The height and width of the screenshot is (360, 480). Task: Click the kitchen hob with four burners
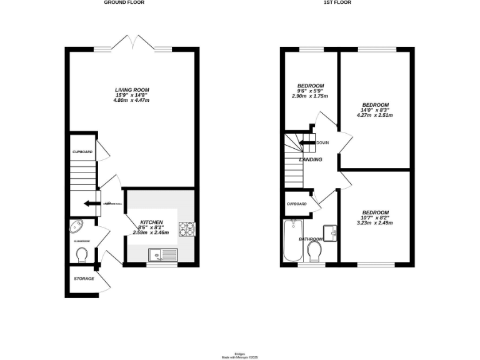tap(186, 229)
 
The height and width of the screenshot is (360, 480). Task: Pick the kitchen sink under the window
tap(162, 254)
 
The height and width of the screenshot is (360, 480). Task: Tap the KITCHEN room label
tap(151, 222)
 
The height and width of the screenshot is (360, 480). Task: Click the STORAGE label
tap(83, 278)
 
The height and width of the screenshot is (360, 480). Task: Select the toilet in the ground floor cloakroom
tap(81, 255)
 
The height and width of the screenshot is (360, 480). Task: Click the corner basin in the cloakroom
tap(76, 226)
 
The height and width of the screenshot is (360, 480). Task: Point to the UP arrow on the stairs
tap(91, 202)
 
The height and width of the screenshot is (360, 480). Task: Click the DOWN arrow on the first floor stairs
tap(307, 142)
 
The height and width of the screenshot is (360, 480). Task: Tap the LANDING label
tap(311, 160)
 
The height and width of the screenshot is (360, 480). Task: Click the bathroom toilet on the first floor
tap(315, 251)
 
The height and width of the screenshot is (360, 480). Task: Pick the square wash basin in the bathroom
tap(331, 232)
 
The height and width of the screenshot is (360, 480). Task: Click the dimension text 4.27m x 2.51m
tap(375, 115)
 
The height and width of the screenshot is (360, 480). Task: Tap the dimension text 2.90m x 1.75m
tap(310, 96)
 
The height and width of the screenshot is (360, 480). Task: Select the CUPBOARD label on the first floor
tap(296, 204)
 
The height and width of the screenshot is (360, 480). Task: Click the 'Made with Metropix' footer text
tap(240, 357)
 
